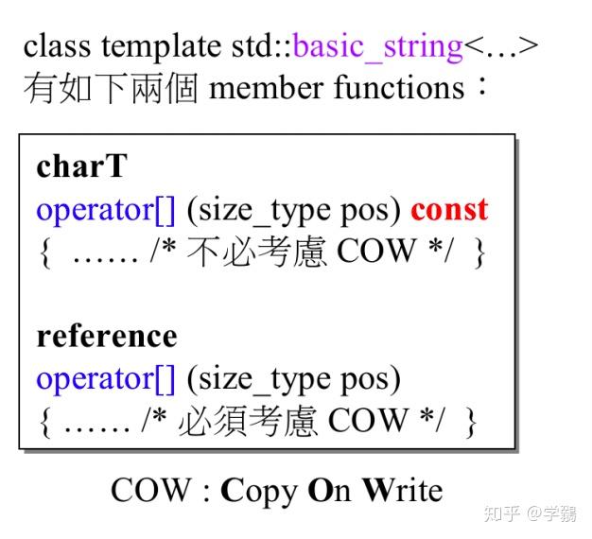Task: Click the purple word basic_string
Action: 378,45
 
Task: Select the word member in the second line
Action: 268,89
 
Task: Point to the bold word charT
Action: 81,166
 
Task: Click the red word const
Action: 449,209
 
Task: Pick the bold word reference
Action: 106,336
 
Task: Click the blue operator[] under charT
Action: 106,209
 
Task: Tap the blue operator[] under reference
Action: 106,378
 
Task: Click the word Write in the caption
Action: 402,491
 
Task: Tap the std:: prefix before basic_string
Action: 262,45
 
